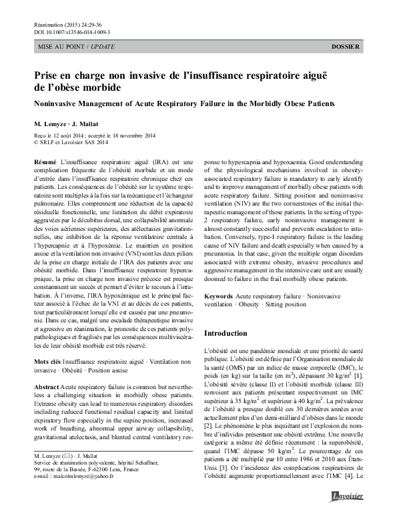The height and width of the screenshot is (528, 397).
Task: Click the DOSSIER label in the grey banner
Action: coord(346,47)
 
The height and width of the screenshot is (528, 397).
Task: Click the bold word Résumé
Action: coord(44,163)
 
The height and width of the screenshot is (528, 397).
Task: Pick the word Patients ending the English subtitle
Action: coord(316,103)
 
